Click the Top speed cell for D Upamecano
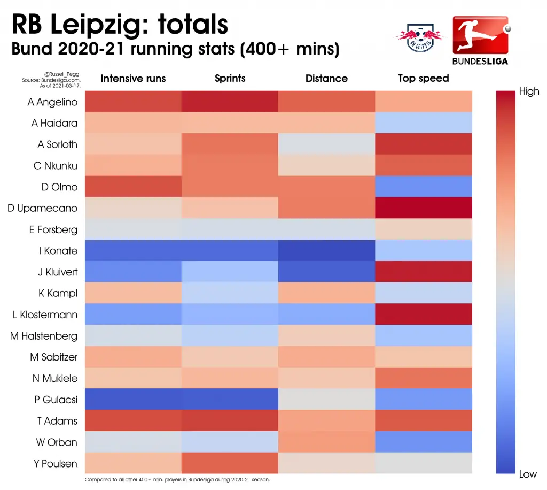pos(424,208)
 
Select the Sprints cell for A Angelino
pos(230,102)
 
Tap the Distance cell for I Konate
pos(327,250)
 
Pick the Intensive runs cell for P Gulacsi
pos(133,399)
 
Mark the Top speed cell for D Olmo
pos(424,187)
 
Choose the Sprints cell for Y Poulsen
pos(230,463)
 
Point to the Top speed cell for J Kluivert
pos(424,272)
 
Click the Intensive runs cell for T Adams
pos(133,420)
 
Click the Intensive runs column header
pos(133,79)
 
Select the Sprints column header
pos(230,79)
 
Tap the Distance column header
pos(326,79)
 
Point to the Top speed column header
pos(424,79)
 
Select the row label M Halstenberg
pos(44,336)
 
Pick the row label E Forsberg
pos(53,229)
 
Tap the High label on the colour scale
pos(529,91)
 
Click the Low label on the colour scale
pos(528,474)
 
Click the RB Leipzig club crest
pos(420,38)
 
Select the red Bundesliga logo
pos(481,40)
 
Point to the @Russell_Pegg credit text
pos(62,74)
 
